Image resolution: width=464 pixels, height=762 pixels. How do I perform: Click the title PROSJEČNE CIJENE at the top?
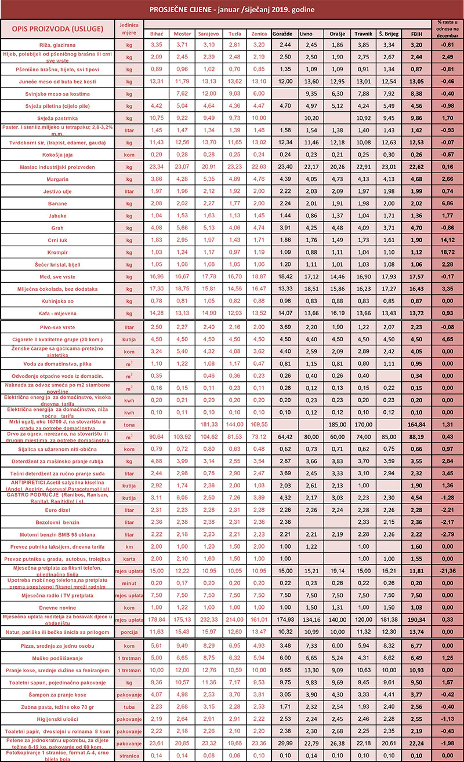(231, 9)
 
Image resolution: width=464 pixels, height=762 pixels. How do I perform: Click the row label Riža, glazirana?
(57, 45)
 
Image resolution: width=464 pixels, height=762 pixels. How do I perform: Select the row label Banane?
(57, 204)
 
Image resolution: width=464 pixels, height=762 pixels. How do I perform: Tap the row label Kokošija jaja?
(57, 155)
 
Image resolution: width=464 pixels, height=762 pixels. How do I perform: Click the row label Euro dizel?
(57, 510)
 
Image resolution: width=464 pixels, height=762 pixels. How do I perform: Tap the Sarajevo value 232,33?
(208, 619)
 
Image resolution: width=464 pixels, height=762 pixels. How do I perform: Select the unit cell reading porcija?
(129, 631)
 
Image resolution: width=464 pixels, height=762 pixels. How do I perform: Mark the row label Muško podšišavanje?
(57, 658)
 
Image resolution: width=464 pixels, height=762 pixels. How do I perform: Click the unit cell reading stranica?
(129, 756)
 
